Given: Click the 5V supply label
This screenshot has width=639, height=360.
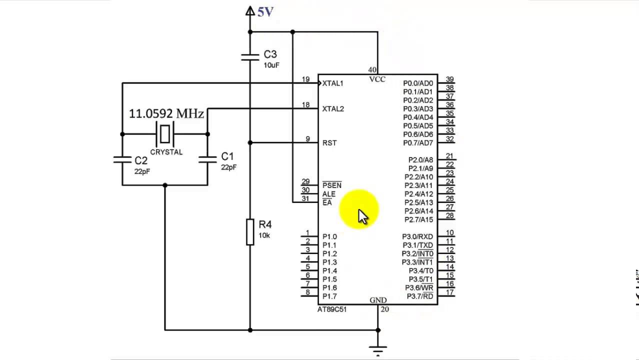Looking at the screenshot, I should pos(265,11).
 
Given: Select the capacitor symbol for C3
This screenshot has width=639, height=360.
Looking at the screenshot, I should pos(250,56).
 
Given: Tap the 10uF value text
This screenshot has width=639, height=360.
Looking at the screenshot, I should pos(271,65).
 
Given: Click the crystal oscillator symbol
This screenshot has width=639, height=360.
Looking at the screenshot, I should pos(164,134).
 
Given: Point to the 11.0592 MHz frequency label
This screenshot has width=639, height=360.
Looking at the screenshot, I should pos(166,114).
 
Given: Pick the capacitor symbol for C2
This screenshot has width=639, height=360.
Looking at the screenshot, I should pos(122,159).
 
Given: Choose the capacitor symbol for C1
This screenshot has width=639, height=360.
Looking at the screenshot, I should pos(207,159).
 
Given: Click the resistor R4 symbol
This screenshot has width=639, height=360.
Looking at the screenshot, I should pos(250,231).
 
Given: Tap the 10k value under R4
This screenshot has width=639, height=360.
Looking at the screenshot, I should pos(264,235).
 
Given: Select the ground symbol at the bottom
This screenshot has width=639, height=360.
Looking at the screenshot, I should pos(378,349).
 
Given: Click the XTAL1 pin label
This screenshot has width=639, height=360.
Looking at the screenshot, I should pos(332,83).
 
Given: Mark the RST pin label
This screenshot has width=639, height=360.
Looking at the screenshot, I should pos(329,143).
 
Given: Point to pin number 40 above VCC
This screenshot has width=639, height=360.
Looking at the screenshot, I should pos(372,70).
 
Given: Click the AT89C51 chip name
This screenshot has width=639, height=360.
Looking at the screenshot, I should pos(332,309).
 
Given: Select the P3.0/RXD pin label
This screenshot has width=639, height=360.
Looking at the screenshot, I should pos(417,236).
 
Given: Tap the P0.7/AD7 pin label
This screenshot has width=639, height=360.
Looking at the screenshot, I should pos(418,143).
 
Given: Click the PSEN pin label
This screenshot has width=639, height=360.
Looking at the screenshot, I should pos(332,185).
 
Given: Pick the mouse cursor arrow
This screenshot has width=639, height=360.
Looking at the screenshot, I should pos(362,216).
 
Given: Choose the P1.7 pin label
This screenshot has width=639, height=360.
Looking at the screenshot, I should pos(329,296).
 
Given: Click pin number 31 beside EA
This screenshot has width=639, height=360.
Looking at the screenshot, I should pos(305,198).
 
